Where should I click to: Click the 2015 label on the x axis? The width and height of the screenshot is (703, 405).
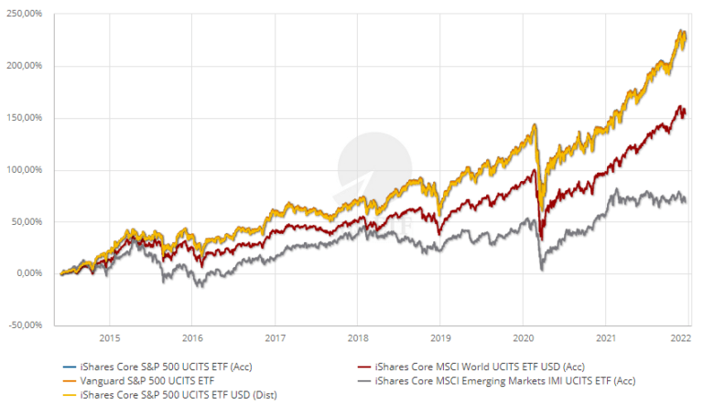tap(109, 336)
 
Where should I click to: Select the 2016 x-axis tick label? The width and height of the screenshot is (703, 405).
tap(191, 336)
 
